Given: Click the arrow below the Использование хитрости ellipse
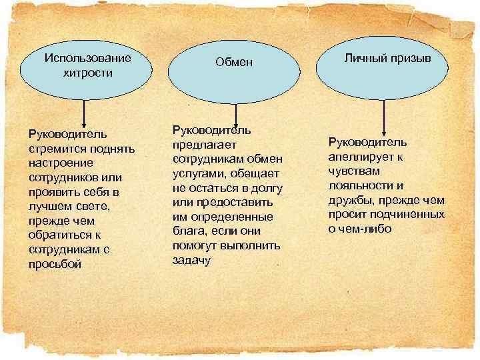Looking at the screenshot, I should pos(83,111).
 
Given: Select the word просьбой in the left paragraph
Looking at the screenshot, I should pos(54,263).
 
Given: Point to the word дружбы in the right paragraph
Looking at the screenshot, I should pos(347,200).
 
